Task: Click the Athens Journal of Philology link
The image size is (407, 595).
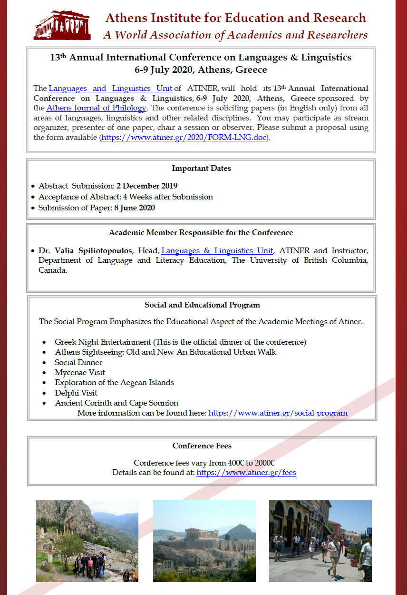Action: (x=96, y=108)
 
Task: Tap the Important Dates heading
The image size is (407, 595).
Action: (x=201, y=169)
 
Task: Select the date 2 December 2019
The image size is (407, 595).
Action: (x=147, y=186)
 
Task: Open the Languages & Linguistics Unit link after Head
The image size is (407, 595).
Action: (x=217, y=250)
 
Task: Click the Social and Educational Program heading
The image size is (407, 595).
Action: (x=202, y=305)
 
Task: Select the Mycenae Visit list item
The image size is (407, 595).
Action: (x=80, y=373)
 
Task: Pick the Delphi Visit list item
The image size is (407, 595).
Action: (x=76, y=393)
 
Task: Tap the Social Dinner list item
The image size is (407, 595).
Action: (x=78, y=363)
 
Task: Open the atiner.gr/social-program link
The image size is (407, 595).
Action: (x=278, y=413)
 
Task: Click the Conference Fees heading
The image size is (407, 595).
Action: (x=202, y=446)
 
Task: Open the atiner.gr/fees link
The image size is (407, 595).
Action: (x=246, y=473)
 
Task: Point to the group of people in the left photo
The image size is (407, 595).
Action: (x=90, y=565)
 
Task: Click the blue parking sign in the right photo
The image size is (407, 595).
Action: (x=369, y=531)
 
